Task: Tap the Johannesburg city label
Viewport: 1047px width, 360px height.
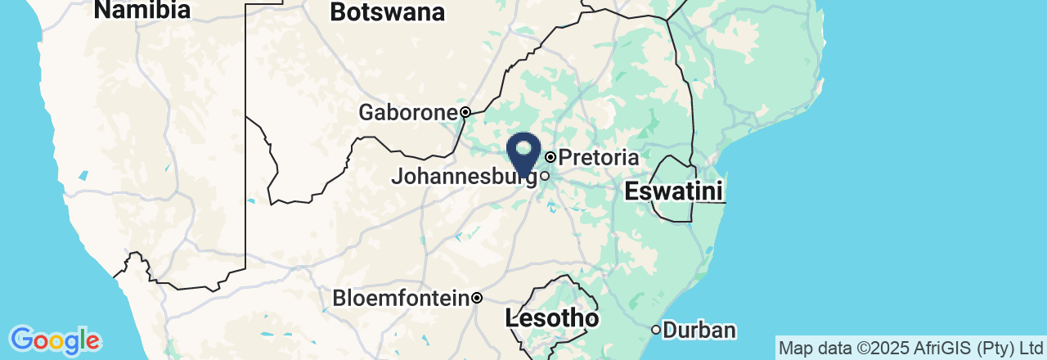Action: (x=463, y=176)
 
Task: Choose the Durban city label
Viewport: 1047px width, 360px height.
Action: (x=699, y=331)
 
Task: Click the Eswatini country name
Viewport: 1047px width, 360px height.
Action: (x=673, y=192)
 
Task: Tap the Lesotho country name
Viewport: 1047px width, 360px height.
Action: (x=552, y=318)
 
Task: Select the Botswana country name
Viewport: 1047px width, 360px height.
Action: (x=388, y=12)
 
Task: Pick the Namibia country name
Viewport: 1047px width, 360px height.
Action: (x=142, y=10)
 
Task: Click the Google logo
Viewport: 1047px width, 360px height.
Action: (x=55, y=340)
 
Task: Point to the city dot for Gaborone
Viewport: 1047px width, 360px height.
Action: (x=465, y=112)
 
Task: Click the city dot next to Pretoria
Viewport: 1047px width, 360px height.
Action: (x=550, y=156)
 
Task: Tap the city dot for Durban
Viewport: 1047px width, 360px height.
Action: (x=656, y=330)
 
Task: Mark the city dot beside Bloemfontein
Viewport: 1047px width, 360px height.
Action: (x=477, y=298)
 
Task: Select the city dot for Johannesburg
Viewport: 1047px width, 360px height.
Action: (x=544, y=175)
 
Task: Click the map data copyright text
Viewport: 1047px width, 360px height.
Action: (x=911, y=348)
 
